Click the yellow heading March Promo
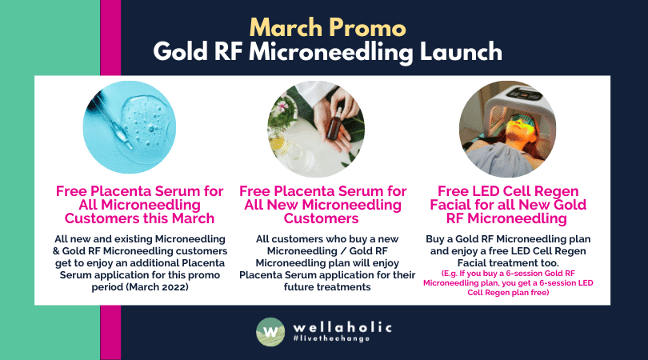pos(328,28)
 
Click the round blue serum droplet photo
pos(130,127)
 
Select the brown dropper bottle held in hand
pos(334,124)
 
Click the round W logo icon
pos(270,331)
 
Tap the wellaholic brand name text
pos(342,328)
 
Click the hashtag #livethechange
pos(331,338)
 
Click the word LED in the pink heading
pos(482,191)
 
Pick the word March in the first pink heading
pos(194,218)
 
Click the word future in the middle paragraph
pos(298,287)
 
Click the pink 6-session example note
pos(508,283)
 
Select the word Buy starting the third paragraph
pos(434,239)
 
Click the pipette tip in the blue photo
pos(128,145)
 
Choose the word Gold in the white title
pos(180,52)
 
